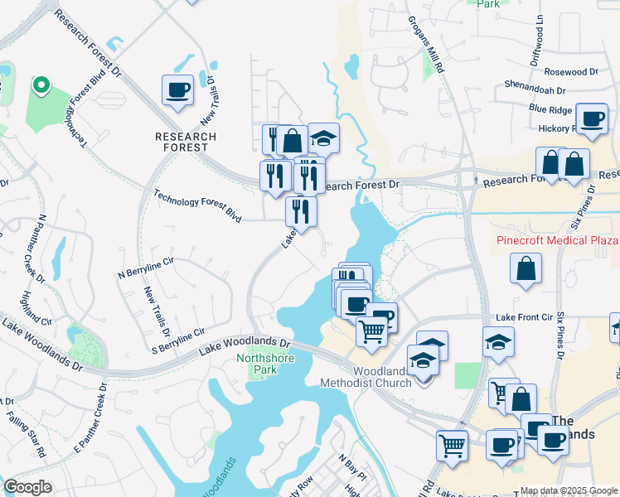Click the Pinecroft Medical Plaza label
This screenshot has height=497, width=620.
pyautogui.click(x=557, y=240)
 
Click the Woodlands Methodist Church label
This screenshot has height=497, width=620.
pyautogui.click(x=382, y=377)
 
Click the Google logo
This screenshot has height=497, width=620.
pyautogui.click(x=27, y=487)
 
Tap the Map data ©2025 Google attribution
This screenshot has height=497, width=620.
pyautogui.click(x=569, y=490)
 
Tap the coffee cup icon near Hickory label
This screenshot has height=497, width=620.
pyautogui.click(x=592, y=119)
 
